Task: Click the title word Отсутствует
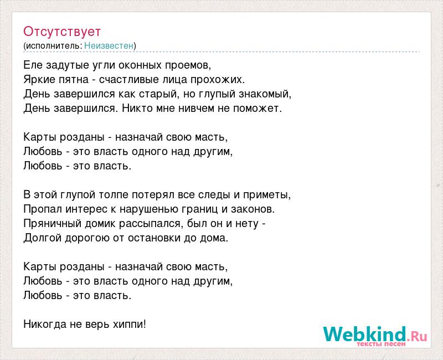click(x=62, y=32)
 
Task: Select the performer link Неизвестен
click(x=109, y=45)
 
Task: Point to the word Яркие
click(x=39, y=80)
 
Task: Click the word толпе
click(x=112, y=195)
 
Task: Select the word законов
click(x=252, y=209)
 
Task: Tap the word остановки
click(x=154, y=238)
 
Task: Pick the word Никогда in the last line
click(x=45, y=324)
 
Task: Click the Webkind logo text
click(x=375, y=334)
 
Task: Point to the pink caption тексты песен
click(x=381, y=344)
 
